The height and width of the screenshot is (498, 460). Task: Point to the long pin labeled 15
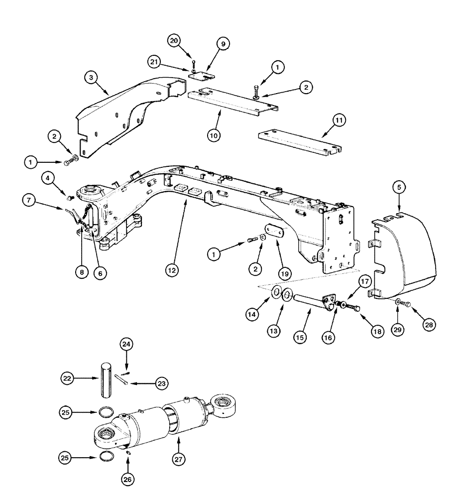307,304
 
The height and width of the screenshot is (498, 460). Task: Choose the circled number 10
213,135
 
